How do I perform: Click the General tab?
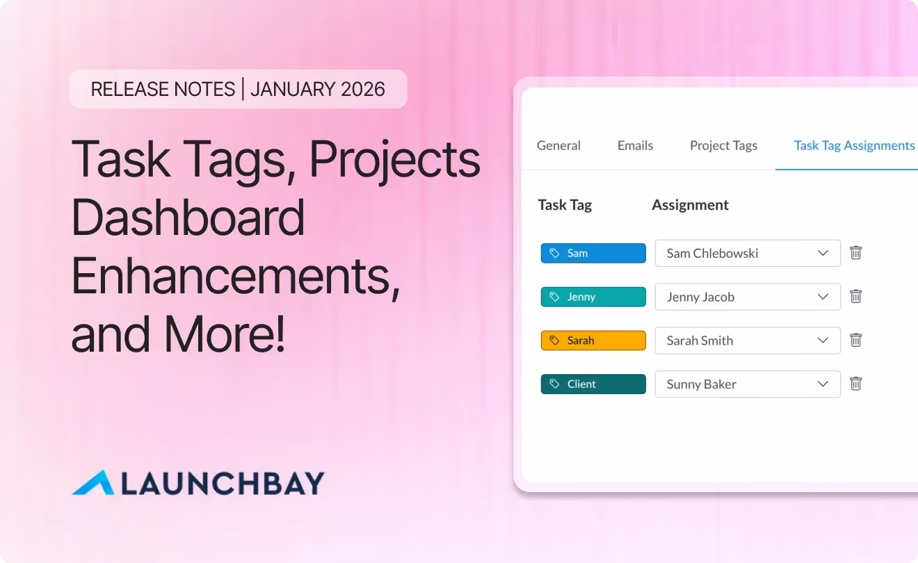tap(558, 145)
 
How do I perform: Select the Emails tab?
tap(635, 145)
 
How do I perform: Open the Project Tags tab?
tap(723, 145)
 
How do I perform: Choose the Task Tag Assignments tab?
tap(854, 145)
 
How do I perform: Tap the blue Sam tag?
tap(593, 253)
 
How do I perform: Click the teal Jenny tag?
tap(593, 297)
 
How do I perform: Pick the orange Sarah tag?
tap(593, 341)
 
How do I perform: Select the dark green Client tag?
tap(593, 384)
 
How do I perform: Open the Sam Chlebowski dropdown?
tap(747, 253)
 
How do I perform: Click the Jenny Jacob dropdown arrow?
tap(823, 297)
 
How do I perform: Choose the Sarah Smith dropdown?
tap(747, 341)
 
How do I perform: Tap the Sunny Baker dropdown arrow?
tap(823, 384)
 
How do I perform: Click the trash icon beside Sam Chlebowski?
tap(856, 253)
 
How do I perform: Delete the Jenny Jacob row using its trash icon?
tap(856, 297)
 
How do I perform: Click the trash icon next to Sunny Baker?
tap(856, 384)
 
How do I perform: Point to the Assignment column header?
tap(690, 205)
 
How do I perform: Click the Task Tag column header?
tap(565, 205)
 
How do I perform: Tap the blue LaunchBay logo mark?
tap(93, 483)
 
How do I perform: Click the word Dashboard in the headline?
tap(188, 217)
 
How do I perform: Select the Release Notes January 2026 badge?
tap(238, 89)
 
